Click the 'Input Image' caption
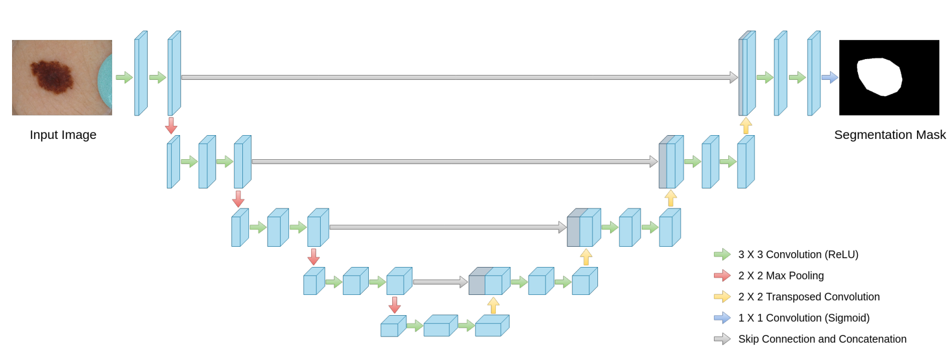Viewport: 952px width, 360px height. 63,135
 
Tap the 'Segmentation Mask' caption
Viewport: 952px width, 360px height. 890,135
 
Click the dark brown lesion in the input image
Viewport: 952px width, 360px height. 52,77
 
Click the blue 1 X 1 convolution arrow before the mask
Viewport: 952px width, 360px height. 829,78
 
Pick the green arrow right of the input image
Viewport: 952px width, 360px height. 124,78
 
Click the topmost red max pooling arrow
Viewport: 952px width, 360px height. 171,125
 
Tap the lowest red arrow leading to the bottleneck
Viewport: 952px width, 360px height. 394,305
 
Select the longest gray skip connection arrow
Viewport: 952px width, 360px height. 460,78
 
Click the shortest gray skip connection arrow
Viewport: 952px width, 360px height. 440,282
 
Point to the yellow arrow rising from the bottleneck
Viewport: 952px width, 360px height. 494,305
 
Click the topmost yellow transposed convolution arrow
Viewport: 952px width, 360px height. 746,126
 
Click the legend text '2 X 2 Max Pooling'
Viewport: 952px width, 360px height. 781,276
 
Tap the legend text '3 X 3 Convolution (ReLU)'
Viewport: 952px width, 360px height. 798,254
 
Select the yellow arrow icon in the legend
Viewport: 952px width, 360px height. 722,297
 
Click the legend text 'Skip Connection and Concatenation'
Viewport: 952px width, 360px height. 822,339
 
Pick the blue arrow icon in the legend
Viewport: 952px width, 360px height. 722,318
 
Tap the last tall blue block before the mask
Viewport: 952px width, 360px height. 814,74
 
